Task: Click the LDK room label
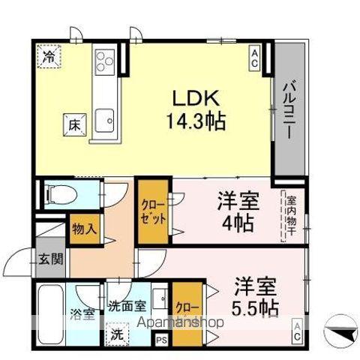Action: [196, 98]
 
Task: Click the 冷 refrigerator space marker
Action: [49, 56]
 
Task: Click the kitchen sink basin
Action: [106, 118]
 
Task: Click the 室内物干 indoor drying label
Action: [289, 217]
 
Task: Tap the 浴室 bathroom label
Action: [82, 314]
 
